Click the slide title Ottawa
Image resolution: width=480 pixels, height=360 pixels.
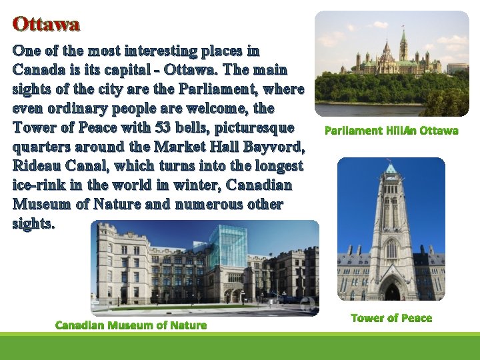(46, 25)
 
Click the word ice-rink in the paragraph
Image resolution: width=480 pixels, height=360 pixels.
(35, 185)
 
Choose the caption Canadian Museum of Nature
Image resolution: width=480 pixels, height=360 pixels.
(131, 325)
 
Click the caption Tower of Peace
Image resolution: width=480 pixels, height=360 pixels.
(391, 318)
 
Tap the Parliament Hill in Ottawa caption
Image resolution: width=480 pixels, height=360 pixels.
(391, 131)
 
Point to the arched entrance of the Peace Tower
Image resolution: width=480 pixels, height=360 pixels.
(392, 289)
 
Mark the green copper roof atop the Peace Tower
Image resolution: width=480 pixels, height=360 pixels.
(391, 169)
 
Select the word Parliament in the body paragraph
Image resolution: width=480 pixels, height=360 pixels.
(210, 89)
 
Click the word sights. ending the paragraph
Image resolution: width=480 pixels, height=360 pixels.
(33, 223)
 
